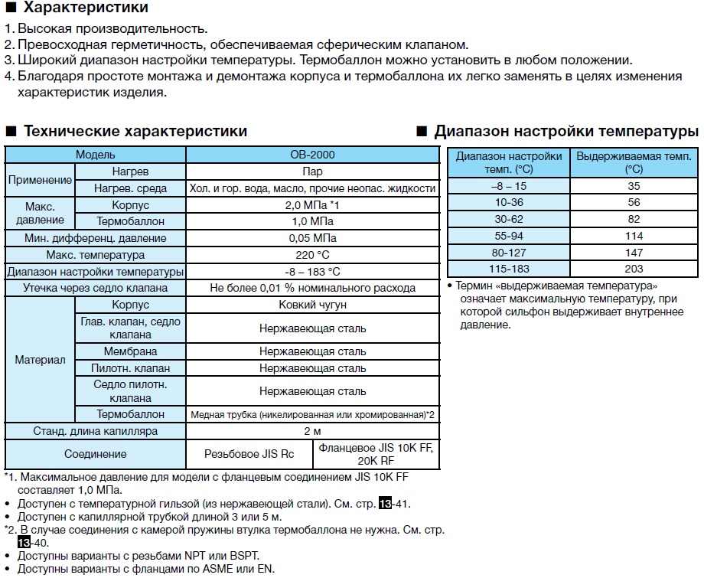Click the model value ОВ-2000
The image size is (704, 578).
click(x=312, y=155)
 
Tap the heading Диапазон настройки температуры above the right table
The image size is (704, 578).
click(x=566, y=131)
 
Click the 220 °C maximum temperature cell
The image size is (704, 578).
click(x=312, y=255)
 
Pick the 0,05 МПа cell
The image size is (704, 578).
click(x=312, y=238)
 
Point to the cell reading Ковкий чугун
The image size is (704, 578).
click(x=312, y=305)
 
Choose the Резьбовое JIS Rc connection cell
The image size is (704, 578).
click(x=249, y=454)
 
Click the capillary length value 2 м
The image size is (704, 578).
click(x=312, y=431)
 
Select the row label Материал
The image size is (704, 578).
click(x=40, y=359)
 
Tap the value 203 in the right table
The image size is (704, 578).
click(x=634, y=269)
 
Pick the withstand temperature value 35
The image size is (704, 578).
click(x=634, y=185)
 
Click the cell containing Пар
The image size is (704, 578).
click(x=312, y=171)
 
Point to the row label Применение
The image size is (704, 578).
click(x=40, y=180)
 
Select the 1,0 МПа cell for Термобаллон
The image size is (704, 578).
click(x=312, y=221)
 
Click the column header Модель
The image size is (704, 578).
click(x=96, y=155)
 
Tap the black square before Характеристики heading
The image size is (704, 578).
click(x=11, y=8)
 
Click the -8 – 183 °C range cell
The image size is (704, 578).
click(x=312, y=272)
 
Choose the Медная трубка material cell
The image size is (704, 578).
click(x=312, y=414)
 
